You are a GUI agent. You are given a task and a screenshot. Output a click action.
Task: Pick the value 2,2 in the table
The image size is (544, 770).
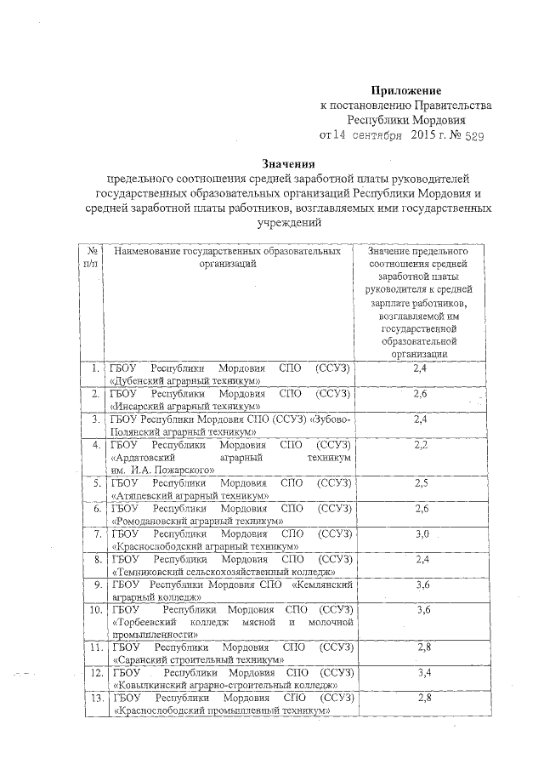click(419, 445)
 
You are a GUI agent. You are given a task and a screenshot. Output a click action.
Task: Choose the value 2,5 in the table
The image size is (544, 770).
click(419, 483)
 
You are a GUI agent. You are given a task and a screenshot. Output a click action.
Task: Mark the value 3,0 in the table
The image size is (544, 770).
click(419, 533)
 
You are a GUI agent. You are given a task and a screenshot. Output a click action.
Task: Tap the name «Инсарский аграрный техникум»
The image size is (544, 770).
click(187, 407)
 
